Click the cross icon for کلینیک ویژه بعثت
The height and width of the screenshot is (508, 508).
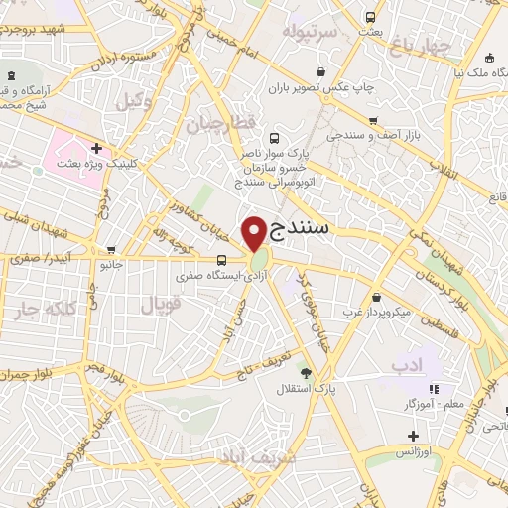95,148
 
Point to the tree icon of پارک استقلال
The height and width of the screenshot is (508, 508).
306,373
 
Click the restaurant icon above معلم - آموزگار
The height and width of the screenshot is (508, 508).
432,389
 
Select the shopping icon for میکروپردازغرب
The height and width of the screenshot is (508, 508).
377,297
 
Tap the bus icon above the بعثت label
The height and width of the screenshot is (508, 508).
370,17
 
